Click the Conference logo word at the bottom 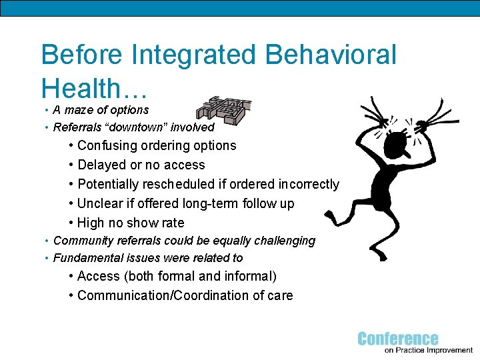point(398,339)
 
